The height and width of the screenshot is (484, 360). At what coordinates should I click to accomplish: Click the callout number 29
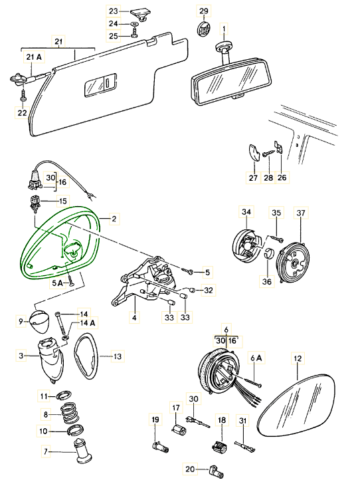(x=204, y=11)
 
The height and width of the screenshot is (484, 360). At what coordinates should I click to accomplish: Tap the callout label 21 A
(x=34, y=57)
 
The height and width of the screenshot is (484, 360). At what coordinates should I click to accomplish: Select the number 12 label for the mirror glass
(x=298, y=358)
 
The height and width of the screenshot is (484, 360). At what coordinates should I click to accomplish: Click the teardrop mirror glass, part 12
(x=296, y=406)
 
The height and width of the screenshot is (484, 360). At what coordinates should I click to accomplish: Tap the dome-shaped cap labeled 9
(x=40, y=322)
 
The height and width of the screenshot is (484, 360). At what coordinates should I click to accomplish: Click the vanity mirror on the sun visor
(x=100, y=84)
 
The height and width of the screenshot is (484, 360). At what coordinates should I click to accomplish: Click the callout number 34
(x=246, y=212)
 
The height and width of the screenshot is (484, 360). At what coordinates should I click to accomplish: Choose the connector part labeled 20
(x=217, y=471)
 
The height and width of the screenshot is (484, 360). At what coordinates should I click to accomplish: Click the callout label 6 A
(x=256, y=358)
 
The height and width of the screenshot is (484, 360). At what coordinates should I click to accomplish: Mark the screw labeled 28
(x=269, y=153)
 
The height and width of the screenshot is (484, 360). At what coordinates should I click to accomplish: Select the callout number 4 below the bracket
(x=134, y=317)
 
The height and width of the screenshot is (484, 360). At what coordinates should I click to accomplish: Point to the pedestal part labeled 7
(x=82, y=451)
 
